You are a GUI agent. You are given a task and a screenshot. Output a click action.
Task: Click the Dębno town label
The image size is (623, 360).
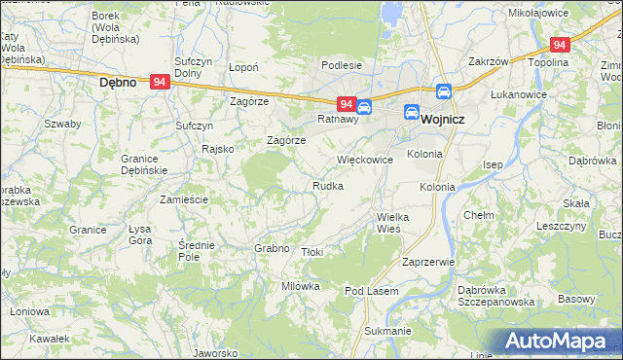point(124,83)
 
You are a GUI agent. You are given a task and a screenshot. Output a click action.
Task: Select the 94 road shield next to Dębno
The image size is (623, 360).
point(161,83)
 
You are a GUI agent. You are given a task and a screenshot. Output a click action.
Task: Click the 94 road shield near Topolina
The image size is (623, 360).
point(559,45)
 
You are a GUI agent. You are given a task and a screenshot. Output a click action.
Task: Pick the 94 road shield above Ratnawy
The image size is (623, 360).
point(346,103)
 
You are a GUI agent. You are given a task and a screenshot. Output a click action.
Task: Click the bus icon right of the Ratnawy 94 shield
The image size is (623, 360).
point(363,106)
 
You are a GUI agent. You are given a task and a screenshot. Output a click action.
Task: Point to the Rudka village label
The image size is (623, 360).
point(327,186)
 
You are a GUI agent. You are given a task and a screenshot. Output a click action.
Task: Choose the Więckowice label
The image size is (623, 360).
point(364,159)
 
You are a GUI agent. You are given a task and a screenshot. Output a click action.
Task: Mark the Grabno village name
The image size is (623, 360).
point(273,248)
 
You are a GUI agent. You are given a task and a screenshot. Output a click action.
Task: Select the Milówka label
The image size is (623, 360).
point(301,286)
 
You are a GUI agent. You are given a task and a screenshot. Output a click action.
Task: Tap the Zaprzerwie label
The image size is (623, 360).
point(428,263)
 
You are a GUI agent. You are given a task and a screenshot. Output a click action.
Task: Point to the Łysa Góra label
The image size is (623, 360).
point(140,234)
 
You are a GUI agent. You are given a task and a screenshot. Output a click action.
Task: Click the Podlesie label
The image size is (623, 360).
point(343,66)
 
